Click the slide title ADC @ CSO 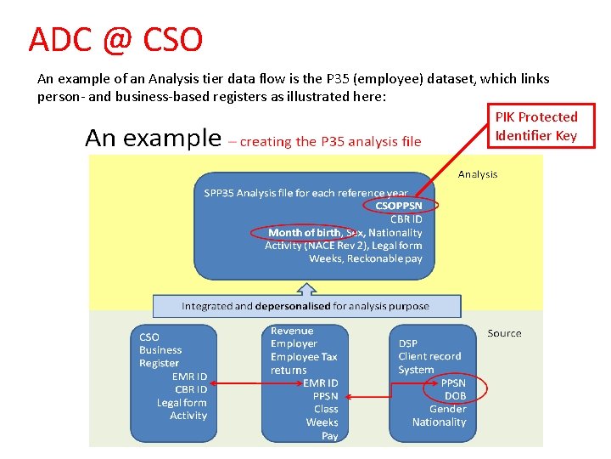(115, 40)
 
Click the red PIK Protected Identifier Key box (535, 126)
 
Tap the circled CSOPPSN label (399, 206)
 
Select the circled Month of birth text (304, 232)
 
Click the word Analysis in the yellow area (478, 174)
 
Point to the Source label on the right (504, 333)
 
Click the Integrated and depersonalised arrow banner (305, 306)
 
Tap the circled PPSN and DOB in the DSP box (455, 389)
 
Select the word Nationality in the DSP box (439, 422)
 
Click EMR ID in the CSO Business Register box (189, 377)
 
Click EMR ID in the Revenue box (321, 382)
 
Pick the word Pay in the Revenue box (329, 435)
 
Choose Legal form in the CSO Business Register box (182, 403)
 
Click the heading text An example (153, 139)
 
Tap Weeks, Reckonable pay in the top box (365, 258)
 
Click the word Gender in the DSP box (447, 409)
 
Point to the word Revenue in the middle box (292, 331)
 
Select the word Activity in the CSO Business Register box (188, 416)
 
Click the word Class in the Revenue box (326, 409)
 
